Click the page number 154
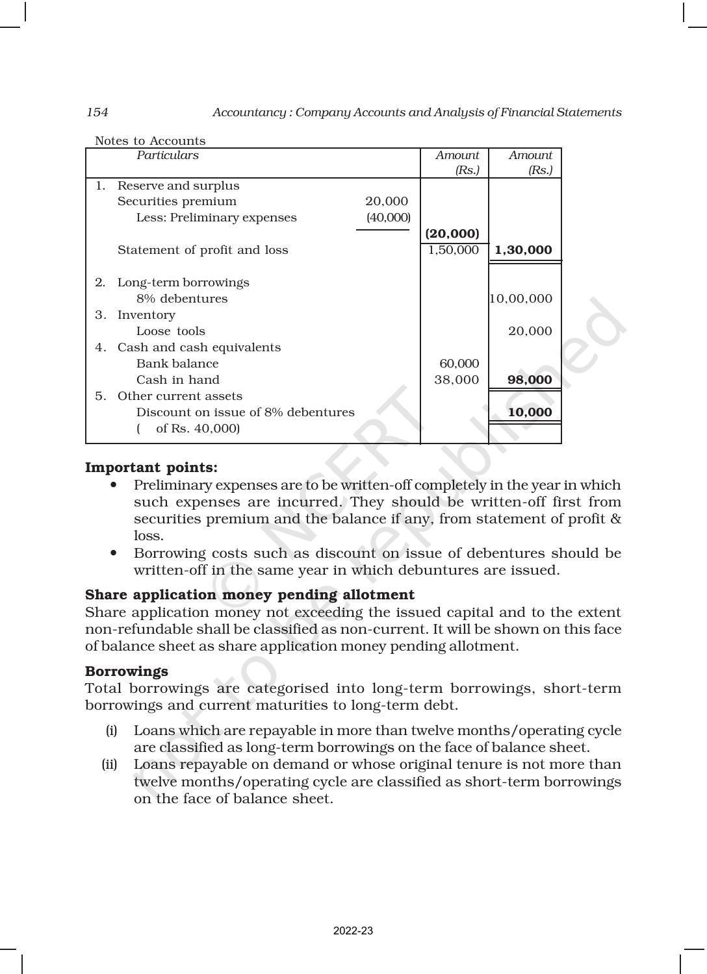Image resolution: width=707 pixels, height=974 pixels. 97,112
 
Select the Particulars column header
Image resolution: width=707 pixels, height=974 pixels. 167,155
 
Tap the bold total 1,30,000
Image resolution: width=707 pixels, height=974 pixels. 523,250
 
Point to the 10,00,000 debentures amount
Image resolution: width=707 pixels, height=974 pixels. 521,299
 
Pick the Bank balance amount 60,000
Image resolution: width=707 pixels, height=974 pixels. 459,364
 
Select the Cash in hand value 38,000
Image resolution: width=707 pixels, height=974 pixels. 456,380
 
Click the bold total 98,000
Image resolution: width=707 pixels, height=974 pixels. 530,380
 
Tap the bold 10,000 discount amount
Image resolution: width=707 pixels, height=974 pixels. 530,412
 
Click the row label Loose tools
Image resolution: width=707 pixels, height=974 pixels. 170,331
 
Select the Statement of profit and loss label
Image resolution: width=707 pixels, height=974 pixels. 203,250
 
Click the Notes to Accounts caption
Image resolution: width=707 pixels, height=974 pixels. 150,141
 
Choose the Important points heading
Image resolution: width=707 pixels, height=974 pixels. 151,468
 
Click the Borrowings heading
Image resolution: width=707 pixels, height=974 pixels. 127,671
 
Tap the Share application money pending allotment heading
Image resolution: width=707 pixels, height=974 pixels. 250,595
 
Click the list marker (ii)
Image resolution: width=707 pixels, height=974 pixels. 109,764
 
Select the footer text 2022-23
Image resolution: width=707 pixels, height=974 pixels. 353,931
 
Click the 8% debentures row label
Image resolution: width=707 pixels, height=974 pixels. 182,299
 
